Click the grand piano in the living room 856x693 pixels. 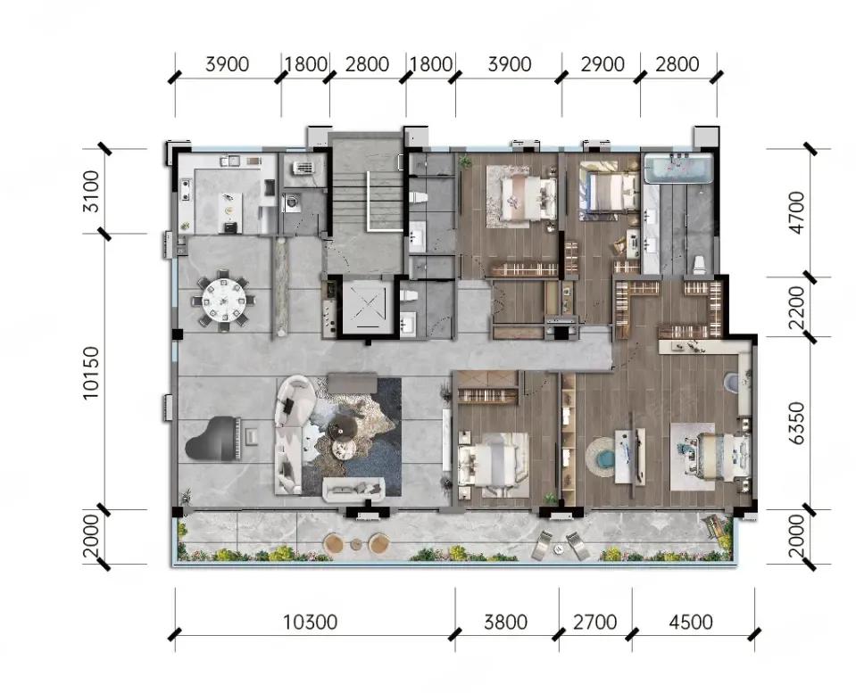(213, 439)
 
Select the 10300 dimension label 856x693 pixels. (310, 622)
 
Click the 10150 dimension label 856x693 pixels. (91, 373)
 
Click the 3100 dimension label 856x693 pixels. (91, 192)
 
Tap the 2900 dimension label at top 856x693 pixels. (603, 64)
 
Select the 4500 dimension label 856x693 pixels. (691, 622)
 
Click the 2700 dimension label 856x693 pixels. (594, 622)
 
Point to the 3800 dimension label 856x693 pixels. (505, 622)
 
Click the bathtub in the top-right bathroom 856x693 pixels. (678, 168)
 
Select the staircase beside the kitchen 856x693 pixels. (368, 202)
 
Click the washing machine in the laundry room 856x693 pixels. (291, 202)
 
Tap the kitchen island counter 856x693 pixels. (229, 213)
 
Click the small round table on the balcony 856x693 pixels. (356, 544)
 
